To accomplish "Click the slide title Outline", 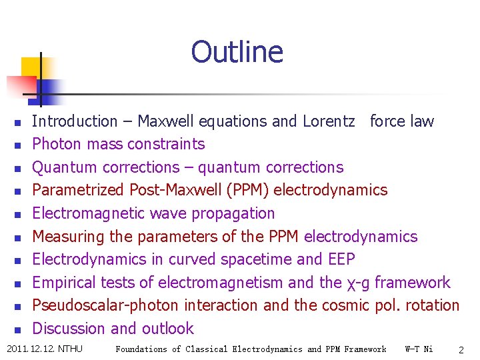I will [237, 52].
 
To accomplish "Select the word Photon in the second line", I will [55, 144].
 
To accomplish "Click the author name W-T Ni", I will [419, 349].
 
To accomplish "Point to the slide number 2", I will [461, 349].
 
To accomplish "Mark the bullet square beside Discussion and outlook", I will [18, 329].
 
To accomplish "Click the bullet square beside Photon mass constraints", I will [18, 145].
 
